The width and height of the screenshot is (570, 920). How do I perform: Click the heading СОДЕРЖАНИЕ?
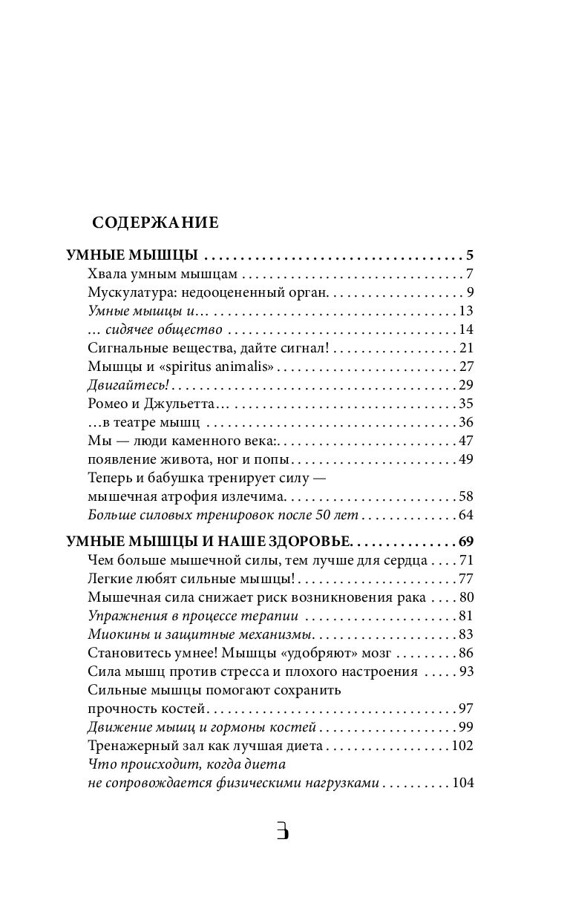click(154, 222)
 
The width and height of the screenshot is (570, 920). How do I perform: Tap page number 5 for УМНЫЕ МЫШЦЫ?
click(469, 256)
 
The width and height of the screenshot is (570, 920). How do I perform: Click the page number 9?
click(470, 292)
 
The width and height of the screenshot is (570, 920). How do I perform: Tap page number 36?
click(466, 422)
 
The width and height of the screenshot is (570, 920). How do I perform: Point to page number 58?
click(466, 496)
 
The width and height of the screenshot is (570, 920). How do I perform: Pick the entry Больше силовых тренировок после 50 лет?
click(223, 515)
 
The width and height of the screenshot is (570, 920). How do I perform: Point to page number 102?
click(462, 746)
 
